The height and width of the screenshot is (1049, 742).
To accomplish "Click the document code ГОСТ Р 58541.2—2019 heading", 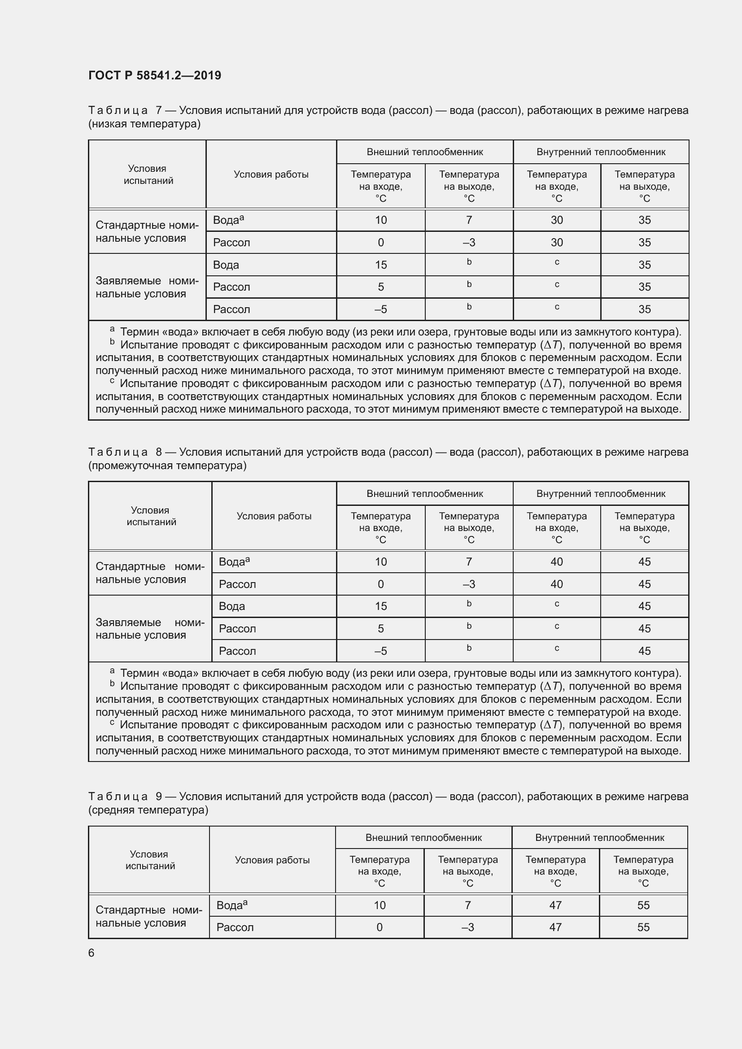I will click(154, 75).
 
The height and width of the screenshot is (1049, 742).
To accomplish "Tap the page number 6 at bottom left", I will click(92, 953).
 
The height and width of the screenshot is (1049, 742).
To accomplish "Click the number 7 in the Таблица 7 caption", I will click(158, 111).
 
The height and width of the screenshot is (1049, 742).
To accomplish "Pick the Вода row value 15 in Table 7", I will click(380, 265).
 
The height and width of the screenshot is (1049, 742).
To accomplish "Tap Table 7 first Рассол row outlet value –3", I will click(469, 243).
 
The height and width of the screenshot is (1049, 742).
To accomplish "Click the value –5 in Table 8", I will click(380, 651).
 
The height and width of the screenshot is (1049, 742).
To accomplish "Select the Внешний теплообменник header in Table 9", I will click(423, 837).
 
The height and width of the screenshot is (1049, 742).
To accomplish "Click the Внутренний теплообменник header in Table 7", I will click(600, 152).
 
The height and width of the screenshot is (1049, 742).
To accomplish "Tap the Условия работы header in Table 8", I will click(274, 516).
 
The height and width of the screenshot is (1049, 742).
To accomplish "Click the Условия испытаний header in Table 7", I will click(148, 174).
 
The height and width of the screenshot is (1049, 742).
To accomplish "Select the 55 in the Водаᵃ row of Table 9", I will click(643, 905).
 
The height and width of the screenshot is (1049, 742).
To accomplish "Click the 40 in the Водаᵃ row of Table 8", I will click(556, 562).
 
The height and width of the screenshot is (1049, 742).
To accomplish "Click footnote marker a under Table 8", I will click(113, 670).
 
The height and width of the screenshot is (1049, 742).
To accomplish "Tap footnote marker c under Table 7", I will click(112, 380).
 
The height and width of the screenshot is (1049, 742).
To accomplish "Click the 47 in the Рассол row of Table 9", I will click(555, 927).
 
